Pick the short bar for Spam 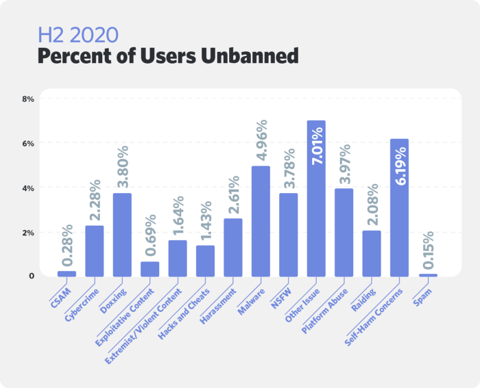(x=429, y=275)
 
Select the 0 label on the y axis (x=31, y=276)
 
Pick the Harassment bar (x=233, y=247)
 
